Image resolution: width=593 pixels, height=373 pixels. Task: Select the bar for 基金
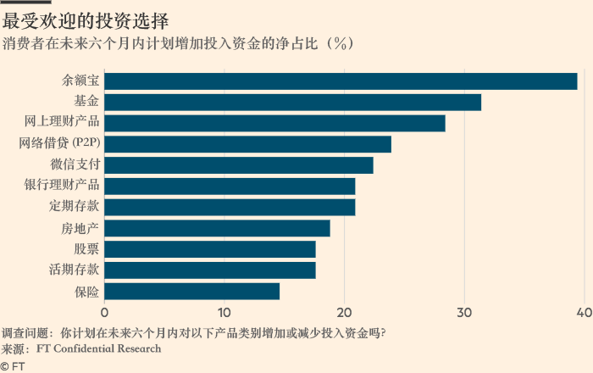(292, 103)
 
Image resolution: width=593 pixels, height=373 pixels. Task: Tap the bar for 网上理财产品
(274, 123)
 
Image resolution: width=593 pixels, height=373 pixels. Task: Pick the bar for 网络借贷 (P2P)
(247, 144)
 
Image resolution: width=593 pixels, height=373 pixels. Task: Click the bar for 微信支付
(238, 165)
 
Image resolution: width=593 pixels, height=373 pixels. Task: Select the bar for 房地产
(217, 228)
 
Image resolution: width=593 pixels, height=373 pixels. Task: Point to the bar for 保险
(191, 292)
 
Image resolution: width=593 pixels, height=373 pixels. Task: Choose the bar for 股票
(209, 249)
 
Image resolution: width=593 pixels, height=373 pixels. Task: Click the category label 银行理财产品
(62, 186)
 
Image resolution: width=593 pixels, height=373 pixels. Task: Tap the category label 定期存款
(75, 207)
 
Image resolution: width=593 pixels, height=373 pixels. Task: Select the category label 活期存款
(75, 270)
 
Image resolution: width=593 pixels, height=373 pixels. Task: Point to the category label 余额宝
(80, 81)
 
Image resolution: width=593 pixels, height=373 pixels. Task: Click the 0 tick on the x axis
(104, 312)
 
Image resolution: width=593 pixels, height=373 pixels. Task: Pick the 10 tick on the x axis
(224, 312)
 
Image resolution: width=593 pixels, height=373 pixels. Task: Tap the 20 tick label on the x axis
(344, 312)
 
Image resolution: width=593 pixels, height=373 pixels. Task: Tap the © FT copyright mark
(12, 365)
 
